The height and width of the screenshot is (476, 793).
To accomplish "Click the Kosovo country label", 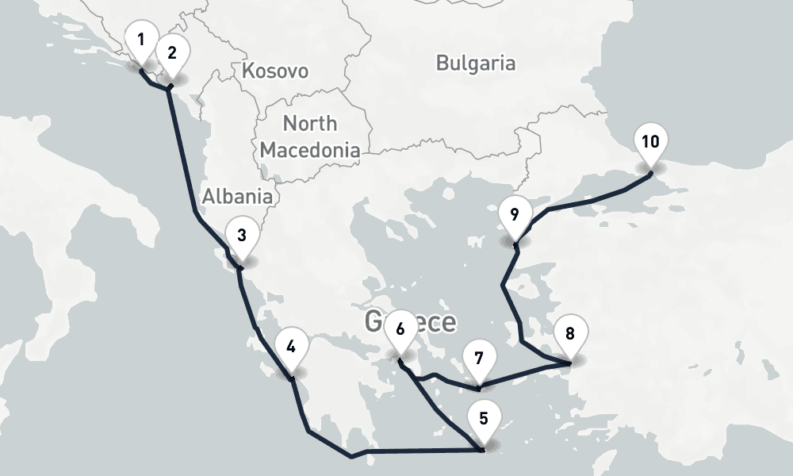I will (274, 71).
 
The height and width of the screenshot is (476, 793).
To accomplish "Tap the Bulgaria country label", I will (476, 63).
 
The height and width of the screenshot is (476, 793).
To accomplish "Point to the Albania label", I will (237, 196).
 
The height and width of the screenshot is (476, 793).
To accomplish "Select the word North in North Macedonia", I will (310, 124).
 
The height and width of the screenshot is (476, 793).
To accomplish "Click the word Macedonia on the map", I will (310, 149).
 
